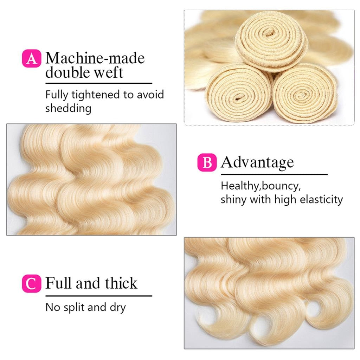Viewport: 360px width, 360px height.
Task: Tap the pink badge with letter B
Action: pos(207,163)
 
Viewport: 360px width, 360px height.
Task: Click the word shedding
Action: pos(68,108)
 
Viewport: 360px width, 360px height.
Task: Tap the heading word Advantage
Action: pos(257,163)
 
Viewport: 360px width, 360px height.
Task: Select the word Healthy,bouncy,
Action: pos(261,186)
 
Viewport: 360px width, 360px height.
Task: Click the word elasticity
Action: pos(321,199)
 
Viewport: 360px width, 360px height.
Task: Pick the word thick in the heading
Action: pos(120,283)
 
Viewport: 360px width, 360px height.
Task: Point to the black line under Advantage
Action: pos(274,174)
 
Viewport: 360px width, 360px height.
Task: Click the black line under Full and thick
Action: pos(98,296)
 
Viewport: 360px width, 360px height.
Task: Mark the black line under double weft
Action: pos(98,83)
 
